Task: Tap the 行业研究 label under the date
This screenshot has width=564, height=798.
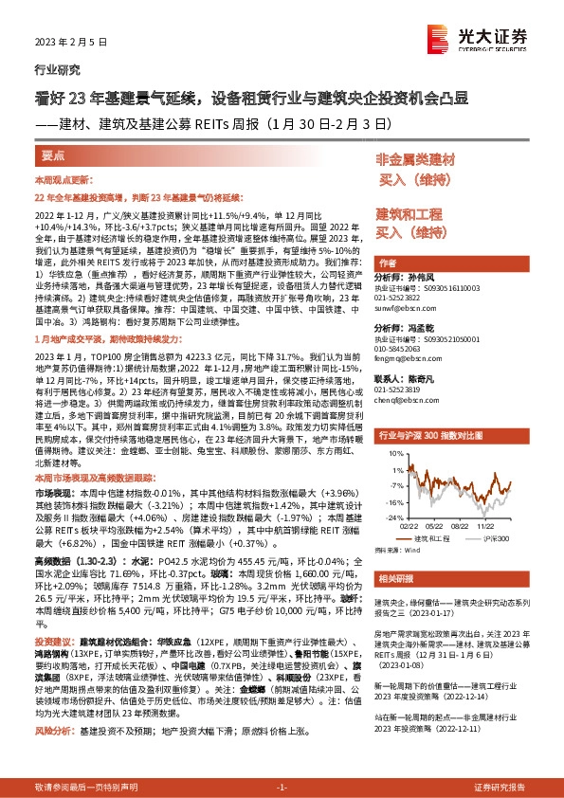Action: click(x=54, y=70)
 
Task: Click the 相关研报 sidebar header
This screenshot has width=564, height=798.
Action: click(x=392, y=578)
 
